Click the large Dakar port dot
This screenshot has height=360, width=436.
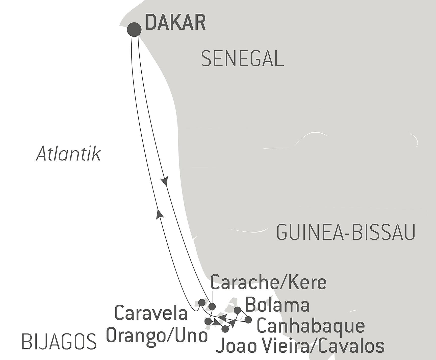(x=134, y=30)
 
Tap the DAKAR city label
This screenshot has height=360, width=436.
(x=175, y=23)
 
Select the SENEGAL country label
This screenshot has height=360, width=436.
(x=243, y=59)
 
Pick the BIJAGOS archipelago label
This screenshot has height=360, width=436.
(x=59, y=342)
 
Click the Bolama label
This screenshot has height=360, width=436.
(x=277, y=305)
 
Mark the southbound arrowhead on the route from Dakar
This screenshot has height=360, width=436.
(x=165, y=182)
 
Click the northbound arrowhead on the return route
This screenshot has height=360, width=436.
(x=159, y=214)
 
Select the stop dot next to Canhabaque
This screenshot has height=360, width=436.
(x=248, y=320)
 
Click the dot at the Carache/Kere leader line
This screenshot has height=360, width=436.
(x=212, y=307)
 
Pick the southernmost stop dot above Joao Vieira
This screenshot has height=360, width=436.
(x=225, y=329)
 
